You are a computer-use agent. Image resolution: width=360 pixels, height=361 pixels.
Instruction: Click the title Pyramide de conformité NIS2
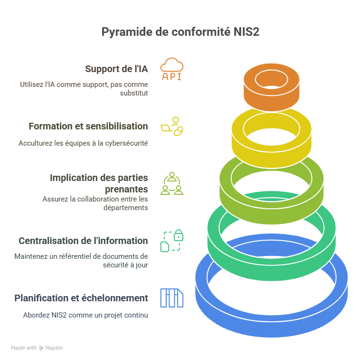[x=180, y=32]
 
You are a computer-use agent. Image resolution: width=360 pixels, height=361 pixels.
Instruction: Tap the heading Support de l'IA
[x=116, y=69]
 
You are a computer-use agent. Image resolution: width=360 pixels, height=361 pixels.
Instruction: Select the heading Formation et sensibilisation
[x=88, y=126]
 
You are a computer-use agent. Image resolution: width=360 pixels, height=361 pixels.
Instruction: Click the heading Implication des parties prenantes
[x=98, y=183]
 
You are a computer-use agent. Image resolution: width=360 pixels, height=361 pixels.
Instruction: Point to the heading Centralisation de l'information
[x=83, y=241]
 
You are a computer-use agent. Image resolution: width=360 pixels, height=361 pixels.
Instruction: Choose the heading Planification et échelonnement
[x=81, y=298]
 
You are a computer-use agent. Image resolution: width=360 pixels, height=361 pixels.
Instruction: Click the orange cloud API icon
[x=171, y=69]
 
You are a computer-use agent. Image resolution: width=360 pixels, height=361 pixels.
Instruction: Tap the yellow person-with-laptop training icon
[x=172, y=126]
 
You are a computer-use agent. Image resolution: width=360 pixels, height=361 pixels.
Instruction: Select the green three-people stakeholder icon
[x=171, y=183]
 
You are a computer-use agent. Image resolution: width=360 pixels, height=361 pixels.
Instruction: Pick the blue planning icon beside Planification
[x=171, y=298]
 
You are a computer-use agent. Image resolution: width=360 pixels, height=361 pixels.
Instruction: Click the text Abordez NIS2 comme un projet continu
[x=85, y=315]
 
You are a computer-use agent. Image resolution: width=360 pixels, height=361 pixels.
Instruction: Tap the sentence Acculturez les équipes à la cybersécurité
[x=83, y=143]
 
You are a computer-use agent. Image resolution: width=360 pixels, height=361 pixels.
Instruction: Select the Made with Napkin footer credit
[x=37, y=348]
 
